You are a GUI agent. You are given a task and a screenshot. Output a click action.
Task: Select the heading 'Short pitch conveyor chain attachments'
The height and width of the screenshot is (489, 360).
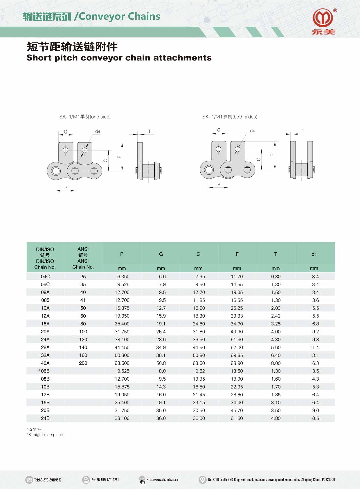click(119, 58)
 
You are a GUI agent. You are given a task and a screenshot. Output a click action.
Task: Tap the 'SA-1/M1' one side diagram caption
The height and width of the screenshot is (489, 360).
click(85, 117)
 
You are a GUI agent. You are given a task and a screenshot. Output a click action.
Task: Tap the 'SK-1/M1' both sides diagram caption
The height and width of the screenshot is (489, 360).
click(230, 117)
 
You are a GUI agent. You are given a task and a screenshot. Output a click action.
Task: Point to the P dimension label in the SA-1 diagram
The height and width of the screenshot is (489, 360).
click(66, 188)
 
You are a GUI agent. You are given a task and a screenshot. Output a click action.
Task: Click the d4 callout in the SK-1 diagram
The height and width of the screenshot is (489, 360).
click(252, 131)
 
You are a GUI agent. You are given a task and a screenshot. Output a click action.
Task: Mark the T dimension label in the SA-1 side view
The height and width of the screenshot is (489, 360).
click(149, 131)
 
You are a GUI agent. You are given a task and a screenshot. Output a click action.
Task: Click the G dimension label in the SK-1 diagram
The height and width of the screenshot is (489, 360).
click(219, 130)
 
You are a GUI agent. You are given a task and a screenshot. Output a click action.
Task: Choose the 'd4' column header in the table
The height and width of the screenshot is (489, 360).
click(314, 254)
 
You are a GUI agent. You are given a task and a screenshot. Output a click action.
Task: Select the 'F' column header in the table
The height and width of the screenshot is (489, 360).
click(237, 254)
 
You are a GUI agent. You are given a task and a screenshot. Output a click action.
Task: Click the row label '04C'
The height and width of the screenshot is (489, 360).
click(45, 277)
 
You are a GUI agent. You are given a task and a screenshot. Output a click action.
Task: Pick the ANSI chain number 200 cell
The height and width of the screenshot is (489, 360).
click(83, 363)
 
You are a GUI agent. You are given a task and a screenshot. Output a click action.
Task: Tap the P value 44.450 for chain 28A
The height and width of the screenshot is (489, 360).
click(122, 348)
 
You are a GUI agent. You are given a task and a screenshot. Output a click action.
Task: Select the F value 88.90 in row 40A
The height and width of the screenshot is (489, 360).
click(237, 363)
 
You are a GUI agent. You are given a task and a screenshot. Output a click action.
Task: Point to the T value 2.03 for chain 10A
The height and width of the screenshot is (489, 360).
click(276, 308)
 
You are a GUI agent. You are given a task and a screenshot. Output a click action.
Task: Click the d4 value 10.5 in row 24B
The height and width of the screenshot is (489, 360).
click(314, 418)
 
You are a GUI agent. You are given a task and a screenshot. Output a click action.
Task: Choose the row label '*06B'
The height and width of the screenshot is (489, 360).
click(44, 371)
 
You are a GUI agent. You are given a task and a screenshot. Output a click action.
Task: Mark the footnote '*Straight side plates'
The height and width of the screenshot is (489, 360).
click(46, 435)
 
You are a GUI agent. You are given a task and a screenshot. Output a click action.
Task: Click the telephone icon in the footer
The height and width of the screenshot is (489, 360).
click(29, 480)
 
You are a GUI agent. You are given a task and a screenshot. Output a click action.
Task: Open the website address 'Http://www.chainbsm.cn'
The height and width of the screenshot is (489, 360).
click(162, 480)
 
